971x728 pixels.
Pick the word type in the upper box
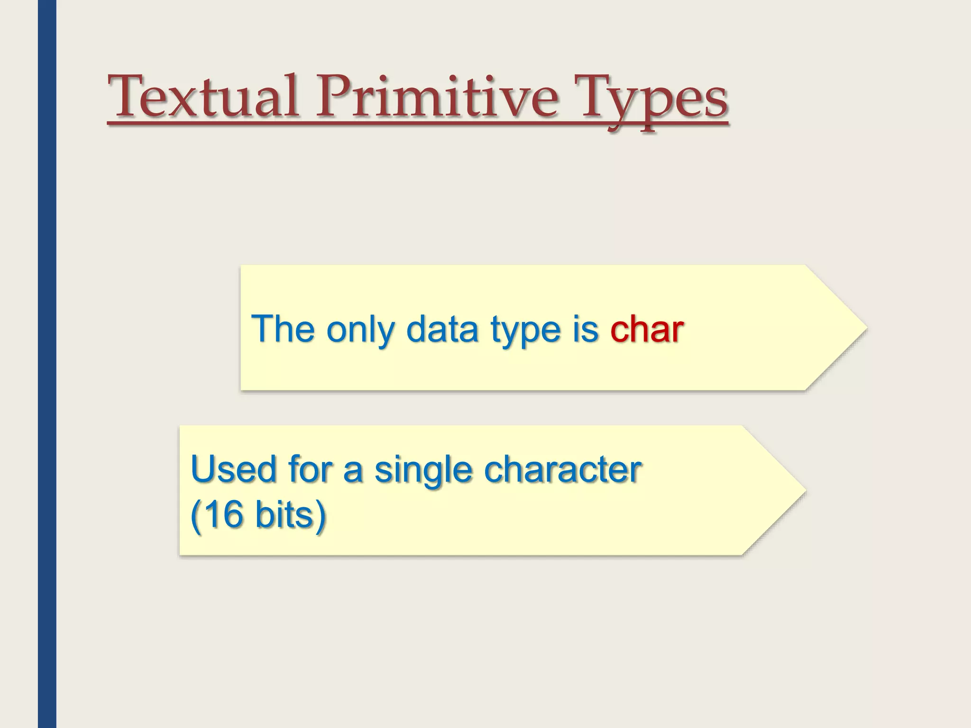click(526, 330)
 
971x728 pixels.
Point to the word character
click(563, 469)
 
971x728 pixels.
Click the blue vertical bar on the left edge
click(47, 364)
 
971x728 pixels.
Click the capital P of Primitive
click(333, 97)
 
